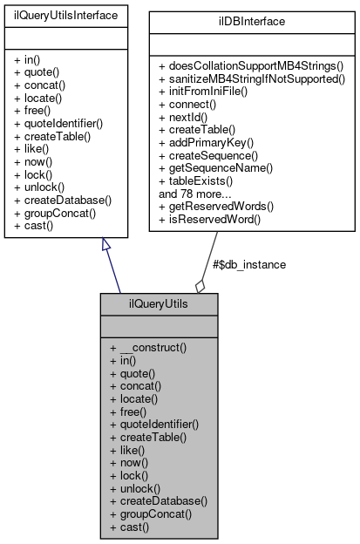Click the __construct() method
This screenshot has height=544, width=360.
(x=155, y=348)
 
